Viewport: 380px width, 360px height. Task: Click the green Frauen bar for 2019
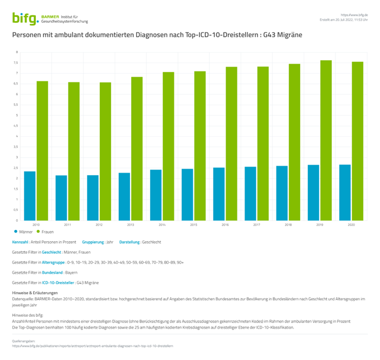(x=326, y=140)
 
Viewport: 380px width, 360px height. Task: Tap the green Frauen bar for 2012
(x=106, y=151)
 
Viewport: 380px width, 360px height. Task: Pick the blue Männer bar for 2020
(x=345, y=192)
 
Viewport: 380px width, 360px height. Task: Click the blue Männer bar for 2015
(x=187, y=195)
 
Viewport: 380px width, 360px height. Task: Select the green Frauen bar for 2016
(x=231, y=144)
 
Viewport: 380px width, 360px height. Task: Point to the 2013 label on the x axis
(x=131, y=224)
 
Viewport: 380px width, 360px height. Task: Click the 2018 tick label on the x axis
(x=288, y=224)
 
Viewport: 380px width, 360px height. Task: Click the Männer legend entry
(x=24, y=232)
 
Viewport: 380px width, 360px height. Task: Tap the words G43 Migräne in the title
(x=282, y=35)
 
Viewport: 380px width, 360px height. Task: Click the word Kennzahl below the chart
(x=20, y=242)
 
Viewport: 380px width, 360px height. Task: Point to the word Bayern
(x=72, y=273)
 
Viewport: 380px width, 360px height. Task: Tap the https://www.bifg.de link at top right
(x=354, y=15)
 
